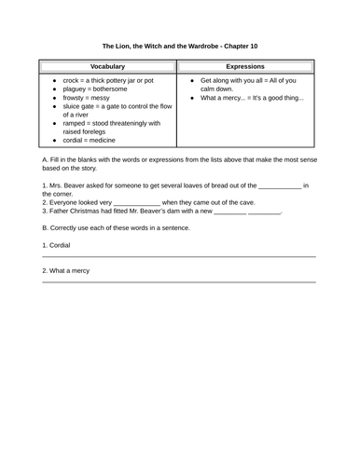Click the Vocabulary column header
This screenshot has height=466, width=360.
pos(107,67)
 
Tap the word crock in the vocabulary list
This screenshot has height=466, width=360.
pos(72,81)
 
